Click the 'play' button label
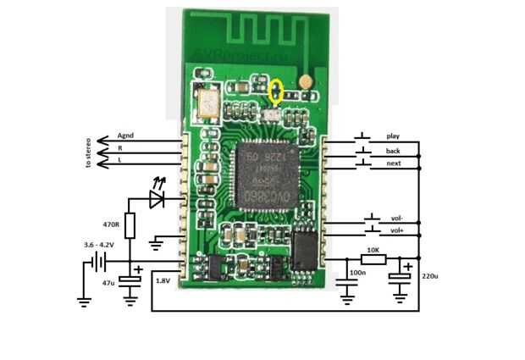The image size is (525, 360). (x=392, y=136)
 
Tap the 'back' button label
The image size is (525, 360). (x=393, y=151)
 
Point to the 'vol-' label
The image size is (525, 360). (x=395, y=218)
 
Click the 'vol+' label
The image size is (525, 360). (x=396, y=230)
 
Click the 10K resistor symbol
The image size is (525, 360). (x=373, y=259)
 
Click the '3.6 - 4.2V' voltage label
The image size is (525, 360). (x=100, y=245)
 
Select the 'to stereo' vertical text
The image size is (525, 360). (x=87, y=153)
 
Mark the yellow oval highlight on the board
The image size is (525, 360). (x=276, y=89)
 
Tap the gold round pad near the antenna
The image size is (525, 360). (x=305, y=82)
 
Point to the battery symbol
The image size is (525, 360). (x=88, y=263)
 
